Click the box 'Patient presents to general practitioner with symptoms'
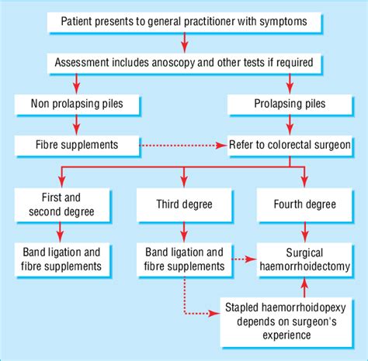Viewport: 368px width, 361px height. [x=183, y=22]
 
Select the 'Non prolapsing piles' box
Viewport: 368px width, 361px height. [x=76, y=103]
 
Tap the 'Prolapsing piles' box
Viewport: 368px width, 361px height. [x=289, y=103]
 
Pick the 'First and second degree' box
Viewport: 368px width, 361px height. [x=61, y=205]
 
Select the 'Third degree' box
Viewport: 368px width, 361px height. [x=183, y=205]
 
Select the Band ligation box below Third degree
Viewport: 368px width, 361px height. [x=183, y=259]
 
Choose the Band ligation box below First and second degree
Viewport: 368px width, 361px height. [x=61, y=259]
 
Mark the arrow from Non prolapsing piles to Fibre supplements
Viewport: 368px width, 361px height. [x=76, y=123]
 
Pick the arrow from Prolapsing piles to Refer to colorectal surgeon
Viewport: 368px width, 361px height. [x=290, y=123]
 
